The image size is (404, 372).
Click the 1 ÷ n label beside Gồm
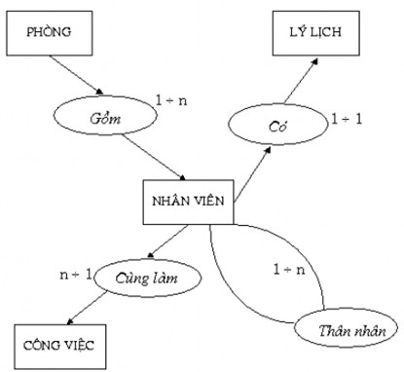point(173,98)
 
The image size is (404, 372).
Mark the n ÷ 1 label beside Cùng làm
point(75,275)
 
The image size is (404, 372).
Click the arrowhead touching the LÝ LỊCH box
point(314,59)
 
